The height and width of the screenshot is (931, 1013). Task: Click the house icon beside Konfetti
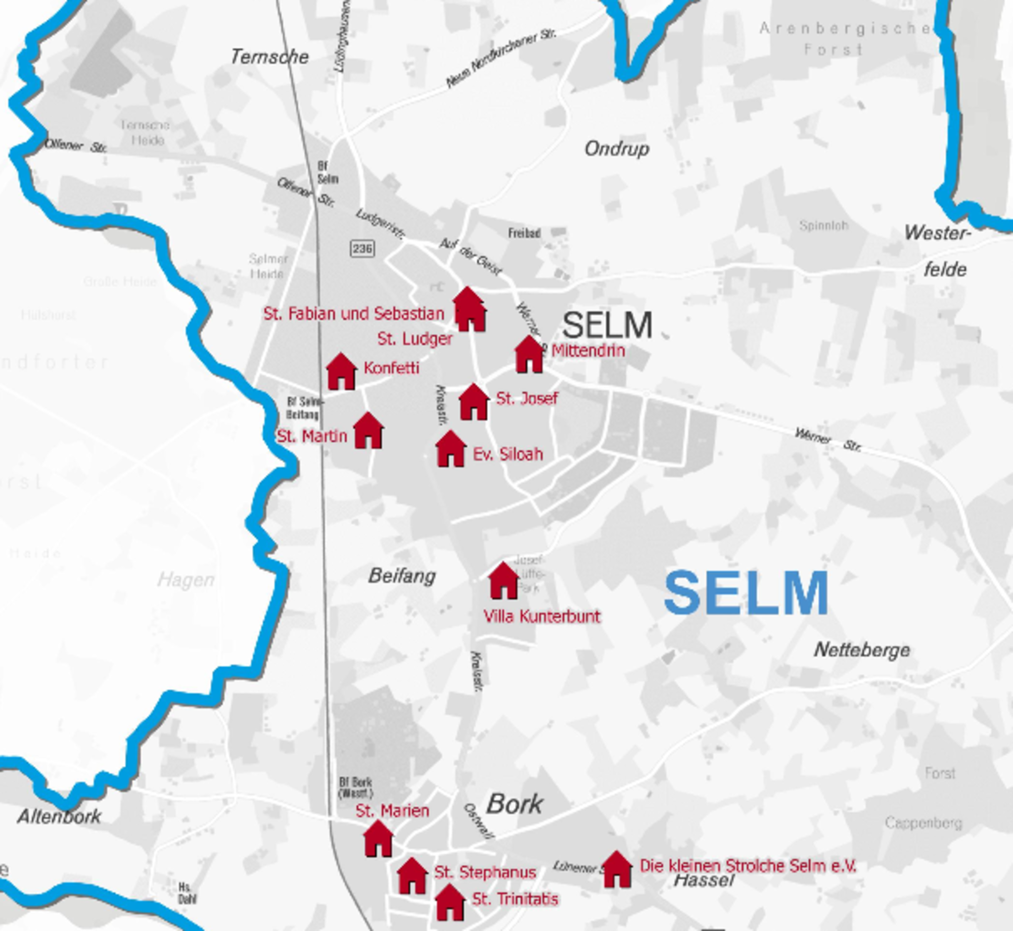click(x=341, y=372)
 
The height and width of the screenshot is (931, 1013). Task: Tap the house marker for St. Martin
click(x=368, y=431)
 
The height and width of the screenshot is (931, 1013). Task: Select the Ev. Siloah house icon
click(x=451, y=449)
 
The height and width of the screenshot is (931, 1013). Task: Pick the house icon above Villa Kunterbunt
click(x=503, y=581)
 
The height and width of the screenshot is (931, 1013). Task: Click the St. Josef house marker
click(x=473, y=403)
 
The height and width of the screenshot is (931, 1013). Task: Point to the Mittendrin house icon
click(x=529, y=355)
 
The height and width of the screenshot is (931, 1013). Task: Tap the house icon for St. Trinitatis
click(x=450, y=903)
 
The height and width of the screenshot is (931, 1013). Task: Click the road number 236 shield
click(x=362, y=248)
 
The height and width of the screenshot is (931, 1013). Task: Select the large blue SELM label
click(x=746, y=593)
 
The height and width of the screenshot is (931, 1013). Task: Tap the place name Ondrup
click(x=617, y=148)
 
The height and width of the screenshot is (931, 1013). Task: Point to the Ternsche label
click(x=270, y=57)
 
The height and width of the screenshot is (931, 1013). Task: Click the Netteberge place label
click(x=862, y=651)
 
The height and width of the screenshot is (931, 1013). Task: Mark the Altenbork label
click(x=59, y=817)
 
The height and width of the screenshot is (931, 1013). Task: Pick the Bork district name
click(x=514, y=804)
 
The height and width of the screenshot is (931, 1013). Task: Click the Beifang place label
click(x=402, y=576)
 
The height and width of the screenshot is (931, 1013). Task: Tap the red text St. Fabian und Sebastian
click(x=354, y=314)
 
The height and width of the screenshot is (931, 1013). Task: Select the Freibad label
click(x=524, y=233)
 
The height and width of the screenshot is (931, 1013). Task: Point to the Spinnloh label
click(x=824, y=225)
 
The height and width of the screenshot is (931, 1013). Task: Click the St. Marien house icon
click(x=378, y=839)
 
